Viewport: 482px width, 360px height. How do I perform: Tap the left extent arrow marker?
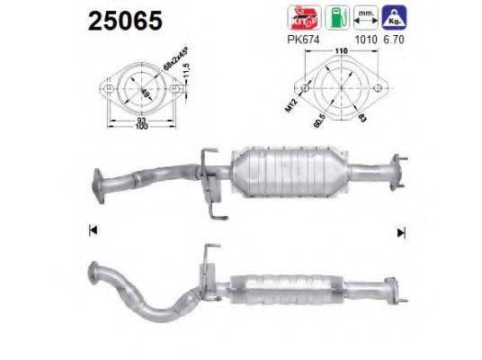pyautogui.click(x=93, y=231)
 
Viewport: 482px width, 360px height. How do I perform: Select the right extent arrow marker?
pyautogui.click(x=400, y=231)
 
